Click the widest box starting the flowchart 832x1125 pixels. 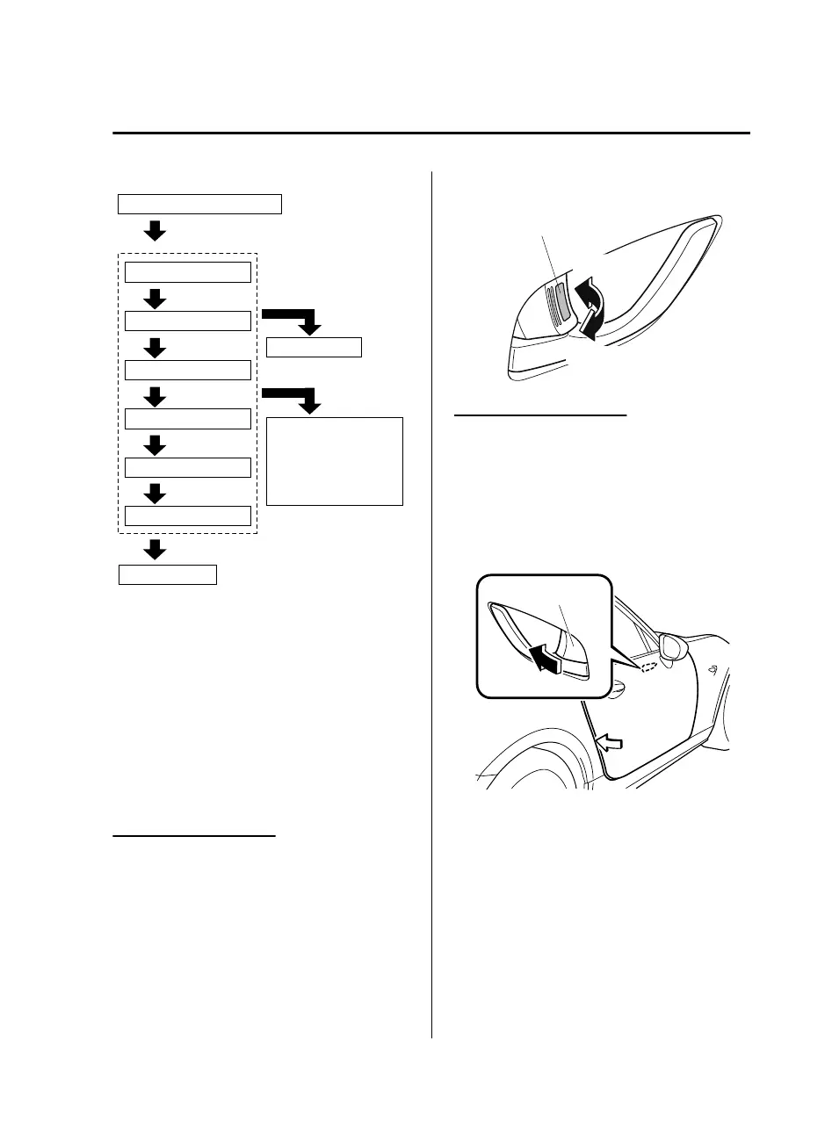coord(199,205)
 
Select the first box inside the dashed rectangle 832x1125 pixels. coord(188,271)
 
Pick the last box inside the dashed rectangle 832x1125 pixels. coord(188,516)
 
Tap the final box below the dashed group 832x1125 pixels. coord(168,575)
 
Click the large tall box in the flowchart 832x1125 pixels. coord(334,461)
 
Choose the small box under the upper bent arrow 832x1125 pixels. coord(315,348)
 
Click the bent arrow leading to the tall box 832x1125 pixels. coord(295,396)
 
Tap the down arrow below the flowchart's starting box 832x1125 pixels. coord(155,231)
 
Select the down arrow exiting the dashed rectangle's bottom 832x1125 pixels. coord(155,549)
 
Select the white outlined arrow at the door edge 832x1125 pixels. coord(611,744)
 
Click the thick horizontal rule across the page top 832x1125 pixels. coord(431,133)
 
